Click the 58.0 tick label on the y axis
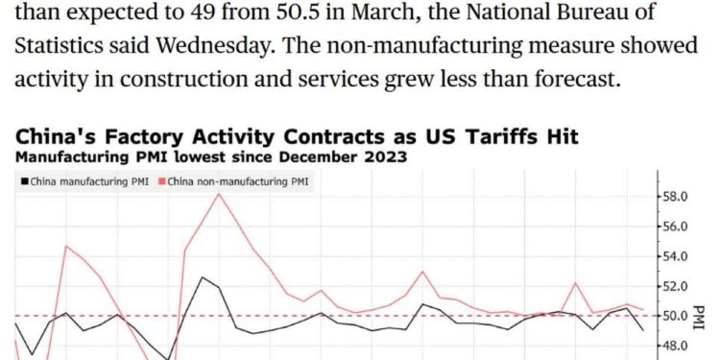[676, 197]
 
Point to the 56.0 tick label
[676, 227]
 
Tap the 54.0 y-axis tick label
[676, 256]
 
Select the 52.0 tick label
[676, 286]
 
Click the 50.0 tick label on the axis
[676, 316]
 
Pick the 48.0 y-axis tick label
[676, 346]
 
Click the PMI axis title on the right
[700, 316]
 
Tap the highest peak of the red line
[219, 194]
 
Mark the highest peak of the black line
[202, 276]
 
